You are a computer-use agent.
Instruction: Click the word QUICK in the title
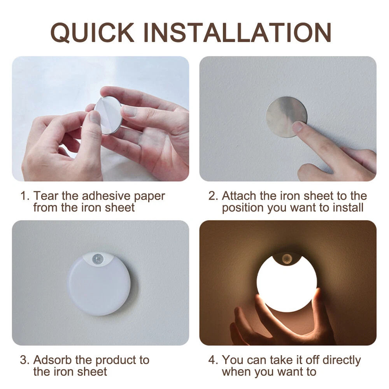tap(92, 33)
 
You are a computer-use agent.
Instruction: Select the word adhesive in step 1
tap(106, 196)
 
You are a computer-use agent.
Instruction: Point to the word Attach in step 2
tap(239, 196)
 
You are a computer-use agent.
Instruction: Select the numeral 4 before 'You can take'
tap(212, 360)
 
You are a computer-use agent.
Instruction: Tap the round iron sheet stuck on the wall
tap(286, 117)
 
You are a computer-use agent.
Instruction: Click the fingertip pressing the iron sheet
tap(298, 127)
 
